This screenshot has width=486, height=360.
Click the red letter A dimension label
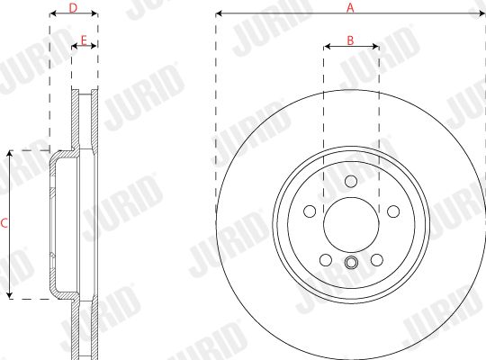click(350, 7)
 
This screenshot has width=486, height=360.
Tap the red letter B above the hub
click(350, 40)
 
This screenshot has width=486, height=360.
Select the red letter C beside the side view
click(4, 223)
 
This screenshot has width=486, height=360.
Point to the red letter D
click(73, 8)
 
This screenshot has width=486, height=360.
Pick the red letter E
click(84, 40)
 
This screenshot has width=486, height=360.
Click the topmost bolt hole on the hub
click(351, 181)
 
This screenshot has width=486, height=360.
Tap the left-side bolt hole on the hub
click(310, 211)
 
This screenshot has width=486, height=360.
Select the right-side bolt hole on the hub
click(393, 211)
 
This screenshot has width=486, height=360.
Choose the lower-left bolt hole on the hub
click(326, 260)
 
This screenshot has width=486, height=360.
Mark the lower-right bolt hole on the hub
click(377, 260)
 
